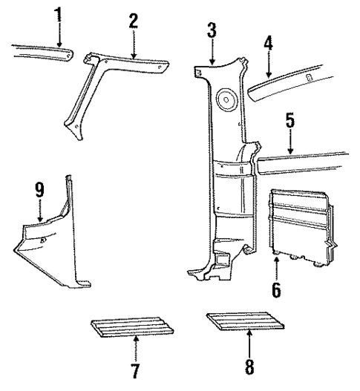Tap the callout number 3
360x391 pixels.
[x=212, y=30]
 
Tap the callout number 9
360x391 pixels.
[x=39, y=190]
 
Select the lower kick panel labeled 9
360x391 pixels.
[x=52, y=249]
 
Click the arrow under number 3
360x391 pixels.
[x=212, y=52]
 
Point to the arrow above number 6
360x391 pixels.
[x=276, y=267]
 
